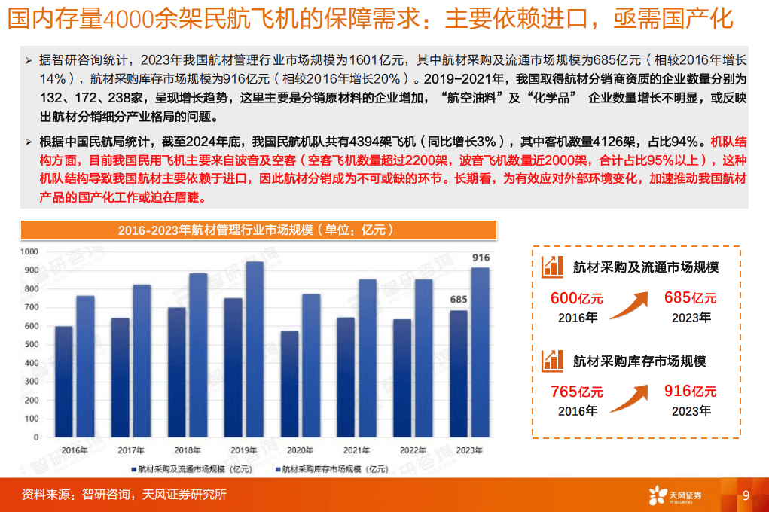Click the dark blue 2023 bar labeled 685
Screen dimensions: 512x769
pos(458,374)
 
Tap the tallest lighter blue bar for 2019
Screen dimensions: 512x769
pos(255,349)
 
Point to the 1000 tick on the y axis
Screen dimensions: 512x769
pos(28,251)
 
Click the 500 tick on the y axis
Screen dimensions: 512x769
pos(28,345)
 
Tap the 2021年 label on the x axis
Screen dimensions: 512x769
pos(356,450)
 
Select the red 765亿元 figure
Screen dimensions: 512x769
pos(577,392)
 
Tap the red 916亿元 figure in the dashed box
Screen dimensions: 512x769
pos(690,392)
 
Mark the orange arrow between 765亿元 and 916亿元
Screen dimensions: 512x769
pos(629,395)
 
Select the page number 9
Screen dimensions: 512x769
pos(746,495)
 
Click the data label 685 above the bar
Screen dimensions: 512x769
pos(459,300)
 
